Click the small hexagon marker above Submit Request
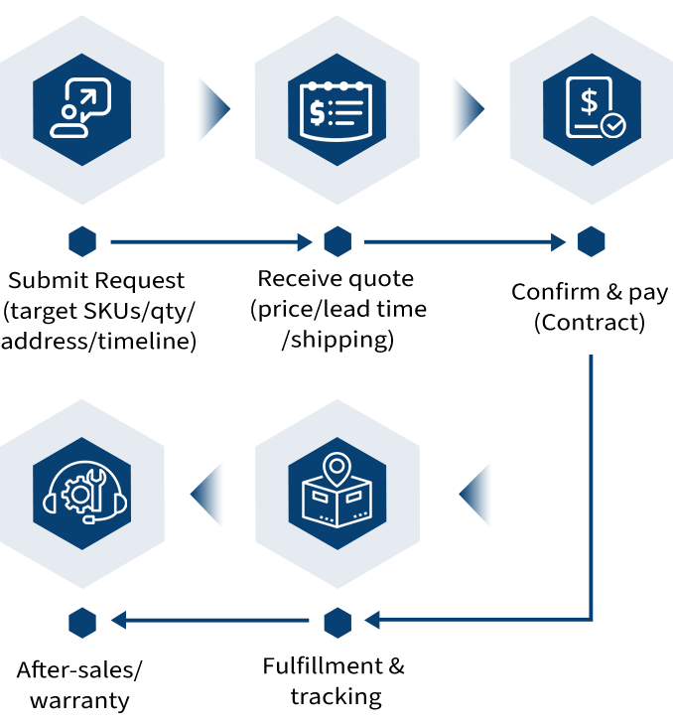pos(82,241)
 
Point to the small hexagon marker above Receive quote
pos(337,241)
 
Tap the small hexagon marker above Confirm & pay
pos(592,241)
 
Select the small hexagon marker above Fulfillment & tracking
pos(337,623)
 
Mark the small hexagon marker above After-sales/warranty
pos(82,623)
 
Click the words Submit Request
pos(97,281)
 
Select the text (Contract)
pos(590,323)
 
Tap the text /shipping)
pos(337,340)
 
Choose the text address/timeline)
pos(98,342)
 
